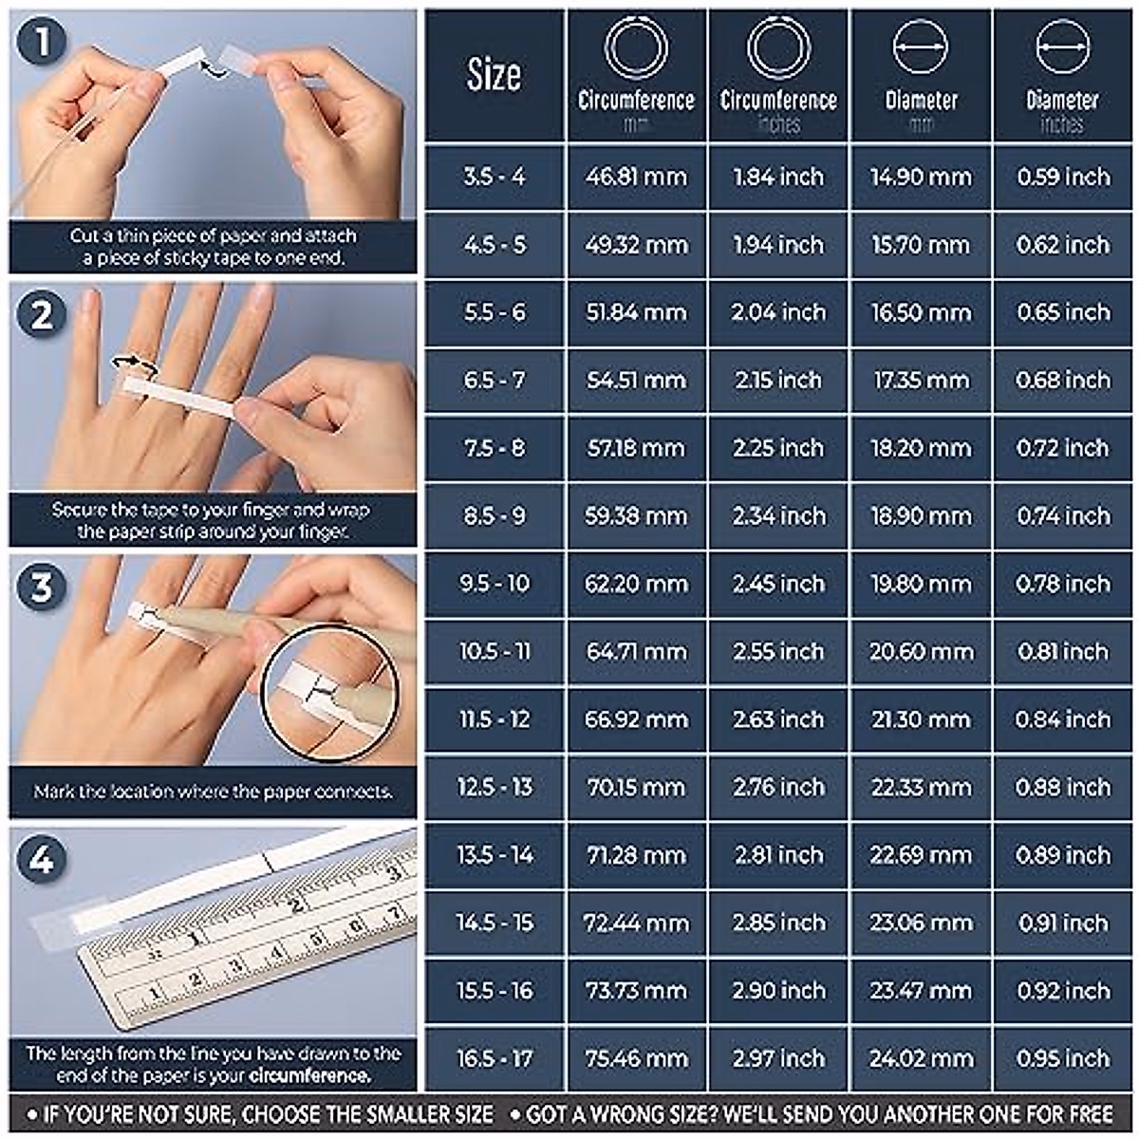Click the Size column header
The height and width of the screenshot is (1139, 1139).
pos(494,76)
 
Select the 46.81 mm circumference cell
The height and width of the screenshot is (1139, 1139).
pos(636,177)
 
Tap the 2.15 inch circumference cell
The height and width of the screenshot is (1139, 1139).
pos(778,381)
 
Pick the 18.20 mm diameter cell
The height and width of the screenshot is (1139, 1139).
pos(921,448)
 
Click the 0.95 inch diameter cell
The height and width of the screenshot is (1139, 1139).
pos(1063,1058)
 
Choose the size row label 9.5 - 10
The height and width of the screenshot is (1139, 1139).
pos(495,584)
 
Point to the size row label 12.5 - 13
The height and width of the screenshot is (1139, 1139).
pos(495,787)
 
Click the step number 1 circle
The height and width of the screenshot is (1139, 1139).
pos(41,43)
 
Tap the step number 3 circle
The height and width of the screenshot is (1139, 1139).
pos(41,588)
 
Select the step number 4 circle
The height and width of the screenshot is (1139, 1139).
pos(41,859)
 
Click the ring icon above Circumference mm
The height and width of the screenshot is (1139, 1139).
pos(636,47)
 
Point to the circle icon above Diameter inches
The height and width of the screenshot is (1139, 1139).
pos(1062,46)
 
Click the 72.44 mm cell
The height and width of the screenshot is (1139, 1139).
pos(636,923)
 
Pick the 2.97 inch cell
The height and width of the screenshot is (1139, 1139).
pos(778,1058)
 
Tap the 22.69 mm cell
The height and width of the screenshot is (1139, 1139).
pos(921,855)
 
